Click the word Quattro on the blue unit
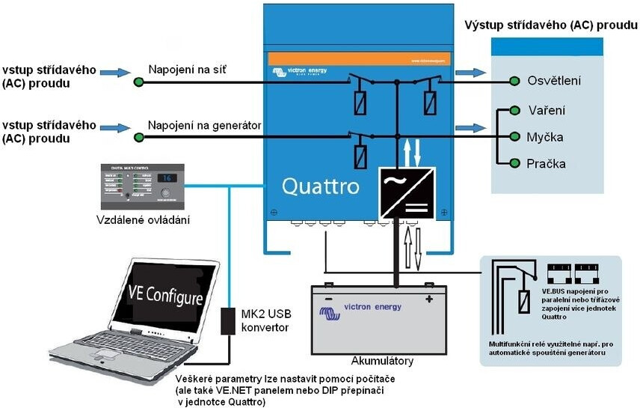tap(321, 186)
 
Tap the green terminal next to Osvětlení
tap(514, 81)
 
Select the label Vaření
tap(547, 110)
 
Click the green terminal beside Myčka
tap(514, 137)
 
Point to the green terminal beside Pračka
tap(514, 163)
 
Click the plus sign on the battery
tap(429, 299)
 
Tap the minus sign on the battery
tap(327, 299)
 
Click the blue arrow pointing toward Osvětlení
tap(470, 73)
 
